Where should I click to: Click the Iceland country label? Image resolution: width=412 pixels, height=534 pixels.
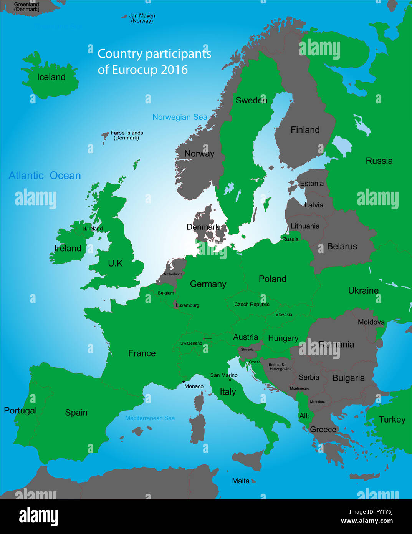coord(51,77)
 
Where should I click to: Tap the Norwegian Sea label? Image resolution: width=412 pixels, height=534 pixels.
coord(180,117)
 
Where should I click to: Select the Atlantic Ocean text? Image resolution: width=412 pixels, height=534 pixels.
coord(45,176)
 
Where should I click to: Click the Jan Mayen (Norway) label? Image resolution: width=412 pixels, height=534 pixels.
coord(142,18)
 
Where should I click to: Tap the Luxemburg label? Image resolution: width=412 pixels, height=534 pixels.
coord(187,305)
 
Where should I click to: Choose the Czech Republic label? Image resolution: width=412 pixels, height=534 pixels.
coord(252,305)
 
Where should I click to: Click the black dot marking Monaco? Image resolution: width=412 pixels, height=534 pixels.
coord(184,381)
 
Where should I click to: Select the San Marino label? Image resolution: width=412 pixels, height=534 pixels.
coord(224,375)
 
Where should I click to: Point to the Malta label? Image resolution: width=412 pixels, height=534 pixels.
coord(241,481)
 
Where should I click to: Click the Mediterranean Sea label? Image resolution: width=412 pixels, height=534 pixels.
coord(150,418)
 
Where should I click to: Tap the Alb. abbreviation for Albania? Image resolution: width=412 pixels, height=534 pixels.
coord(305,416)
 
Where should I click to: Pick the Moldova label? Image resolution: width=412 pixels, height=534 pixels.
coord(371,322)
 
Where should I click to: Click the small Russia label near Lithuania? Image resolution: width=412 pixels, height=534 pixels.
coord(290,239)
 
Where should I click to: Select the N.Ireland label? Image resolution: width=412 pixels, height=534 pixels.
coord(93,229)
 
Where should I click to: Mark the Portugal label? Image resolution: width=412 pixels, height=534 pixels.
coord(20,411)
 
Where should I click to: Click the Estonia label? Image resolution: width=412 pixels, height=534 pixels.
coord(311,184)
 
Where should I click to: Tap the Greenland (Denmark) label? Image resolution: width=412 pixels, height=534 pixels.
coord(26,7)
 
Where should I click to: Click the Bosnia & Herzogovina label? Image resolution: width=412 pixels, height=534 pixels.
coord(280,367)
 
